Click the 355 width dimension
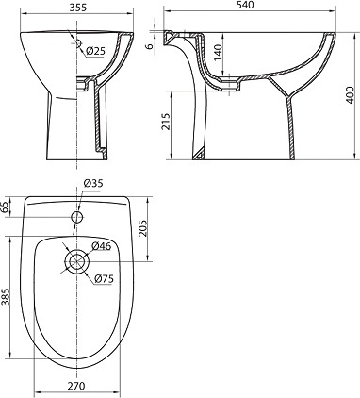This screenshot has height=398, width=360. point(77,8)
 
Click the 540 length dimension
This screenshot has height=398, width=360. point(245,5)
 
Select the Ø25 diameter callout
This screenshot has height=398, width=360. point(95,51)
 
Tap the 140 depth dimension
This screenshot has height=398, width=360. point(219,53)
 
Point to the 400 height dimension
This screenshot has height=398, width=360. point(350,93)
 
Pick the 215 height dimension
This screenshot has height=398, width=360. point(166,121)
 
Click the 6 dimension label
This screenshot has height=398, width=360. point(150,45)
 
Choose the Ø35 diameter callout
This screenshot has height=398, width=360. point(93,183)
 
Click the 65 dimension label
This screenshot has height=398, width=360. point(6,207)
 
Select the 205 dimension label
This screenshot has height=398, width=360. point(143,228)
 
